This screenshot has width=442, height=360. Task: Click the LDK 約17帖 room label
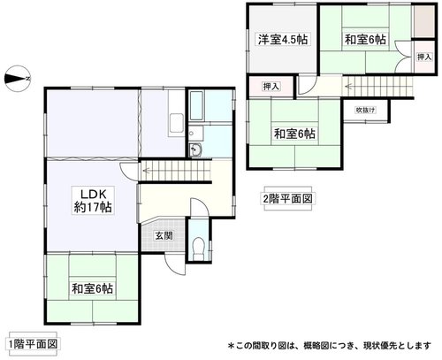93,200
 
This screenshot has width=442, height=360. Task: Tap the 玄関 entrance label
164,235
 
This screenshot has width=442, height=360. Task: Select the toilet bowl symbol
198,248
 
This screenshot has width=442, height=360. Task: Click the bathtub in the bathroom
196,106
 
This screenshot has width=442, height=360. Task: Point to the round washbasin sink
195,149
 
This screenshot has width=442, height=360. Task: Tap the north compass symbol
18,79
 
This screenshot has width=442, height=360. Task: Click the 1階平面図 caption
33,344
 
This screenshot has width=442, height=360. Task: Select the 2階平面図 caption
287,199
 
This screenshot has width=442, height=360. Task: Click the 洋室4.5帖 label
283,40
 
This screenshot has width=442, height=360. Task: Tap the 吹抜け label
365,111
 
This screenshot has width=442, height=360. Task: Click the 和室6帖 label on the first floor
93,288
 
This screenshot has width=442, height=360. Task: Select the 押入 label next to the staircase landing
271,87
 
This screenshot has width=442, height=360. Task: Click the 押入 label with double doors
424,57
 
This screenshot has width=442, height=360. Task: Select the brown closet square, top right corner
424,21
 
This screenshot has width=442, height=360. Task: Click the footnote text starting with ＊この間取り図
330,345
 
